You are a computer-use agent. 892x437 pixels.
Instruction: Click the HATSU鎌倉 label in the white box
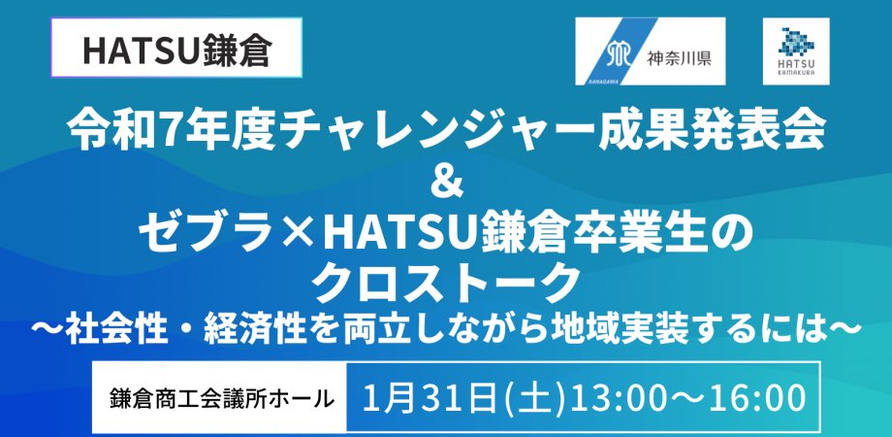point(176,50)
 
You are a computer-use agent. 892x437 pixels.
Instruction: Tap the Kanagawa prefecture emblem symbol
point(621,54)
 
